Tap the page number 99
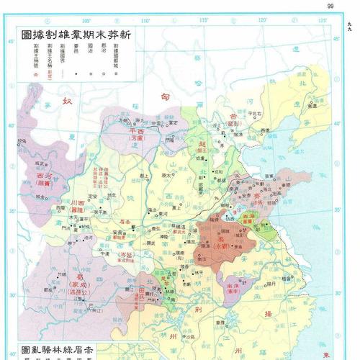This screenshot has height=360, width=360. [x=330, y=6]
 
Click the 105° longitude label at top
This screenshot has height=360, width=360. [x=87, y=20]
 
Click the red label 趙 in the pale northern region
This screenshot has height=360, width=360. [x=201, y=144]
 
